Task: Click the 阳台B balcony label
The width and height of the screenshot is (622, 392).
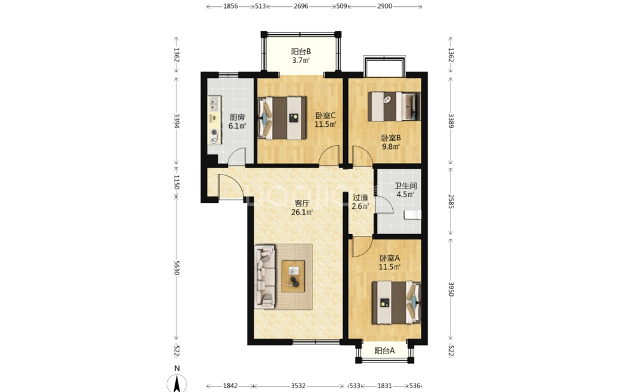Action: pos(301,51)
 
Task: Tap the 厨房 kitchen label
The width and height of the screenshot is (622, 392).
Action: pos(237,118)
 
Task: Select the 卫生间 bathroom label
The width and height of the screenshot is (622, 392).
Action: pos(406,186)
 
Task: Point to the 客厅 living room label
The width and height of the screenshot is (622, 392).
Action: pos(302,203)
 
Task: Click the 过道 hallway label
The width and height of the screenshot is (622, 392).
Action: pos(360,197)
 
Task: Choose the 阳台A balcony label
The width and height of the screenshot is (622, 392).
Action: pos(384,351)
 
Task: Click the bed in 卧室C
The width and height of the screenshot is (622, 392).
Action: pos(282,118)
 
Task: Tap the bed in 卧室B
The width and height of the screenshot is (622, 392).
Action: pos(394,107)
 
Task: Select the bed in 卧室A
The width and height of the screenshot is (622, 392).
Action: pos(396,303)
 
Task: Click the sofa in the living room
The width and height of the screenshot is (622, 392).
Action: pos(265,277)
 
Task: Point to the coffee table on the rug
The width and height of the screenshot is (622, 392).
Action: pos(293,276)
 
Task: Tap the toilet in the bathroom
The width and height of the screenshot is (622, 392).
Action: pos(412,215)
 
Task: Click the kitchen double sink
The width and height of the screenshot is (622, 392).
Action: pos(214,104)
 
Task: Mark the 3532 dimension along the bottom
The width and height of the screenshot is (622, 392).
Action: pos(298,386)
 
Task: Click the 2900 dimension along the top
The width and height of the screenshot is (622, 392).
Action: pos(384,6)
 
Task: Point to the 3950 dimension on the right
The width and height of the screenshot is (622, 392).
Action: pos(451,289)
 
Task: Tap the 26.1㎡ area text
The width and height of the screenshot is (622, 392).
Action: pos(302,212)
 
